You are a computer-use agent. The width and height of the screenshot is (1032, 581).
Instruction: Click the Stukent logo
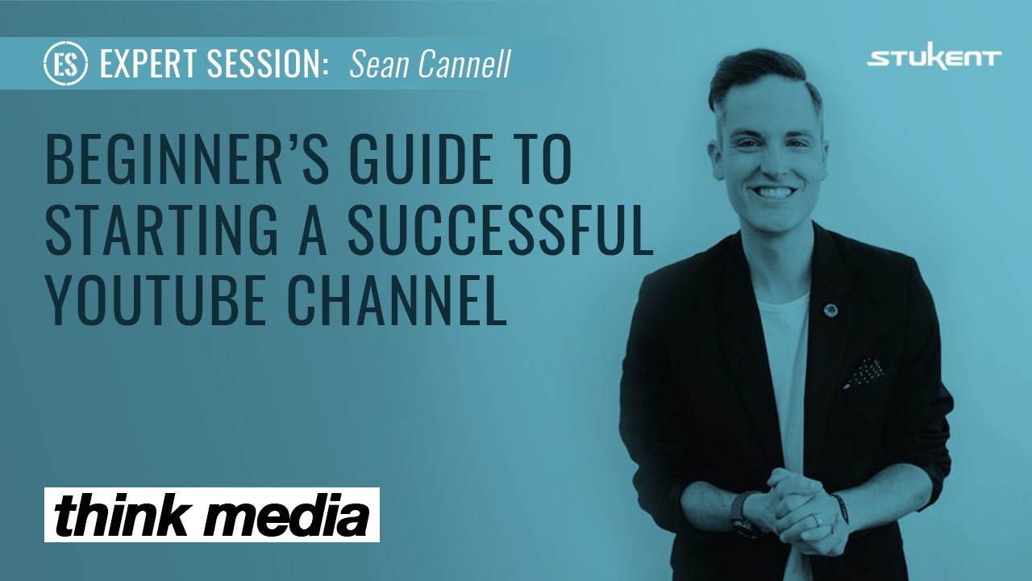934,59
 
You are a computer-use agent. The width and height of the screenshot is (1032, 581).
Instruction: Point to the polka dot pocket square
864,371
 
